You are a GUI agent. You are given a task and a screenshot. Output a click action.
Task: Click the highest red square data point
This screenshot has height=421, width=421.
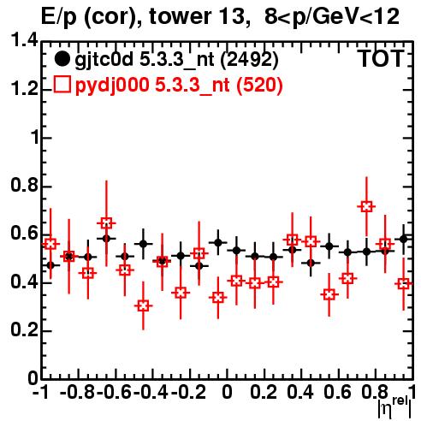pos(366,206)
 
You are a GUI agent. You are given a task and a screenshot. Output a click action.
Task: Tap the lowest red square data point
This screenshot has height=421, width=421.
pos(143,306)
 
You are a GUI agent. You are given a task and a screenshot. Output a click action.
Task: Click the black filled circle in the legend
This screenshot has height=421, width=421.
pos(62,59)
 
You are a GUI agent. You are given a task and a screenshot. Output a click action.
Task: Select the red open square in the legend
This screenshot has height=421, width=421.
pos(62,85)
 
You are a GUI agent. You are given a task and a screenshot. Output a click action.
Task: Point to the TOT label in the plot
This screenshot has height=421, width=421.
pos(381,59)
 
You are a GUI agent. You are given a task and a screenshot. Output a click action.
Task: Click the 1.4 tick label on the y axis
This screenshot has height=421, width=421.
pos(25,40)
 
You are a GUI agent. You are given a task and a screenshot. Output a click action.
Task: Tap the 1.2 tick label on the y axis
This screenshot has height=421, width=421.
pos(25,89)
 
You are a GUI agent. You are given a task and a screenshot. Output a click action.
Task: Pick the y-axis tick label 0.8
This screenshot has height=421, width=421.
pos(25,186)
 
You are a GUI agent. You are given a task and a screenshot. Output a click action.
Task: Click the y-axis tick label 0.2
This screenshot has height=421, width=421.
pos(25,330)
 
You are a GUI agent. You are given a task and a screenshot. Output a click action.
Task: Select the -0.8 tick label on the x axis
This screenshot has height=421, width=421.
pos(77,392)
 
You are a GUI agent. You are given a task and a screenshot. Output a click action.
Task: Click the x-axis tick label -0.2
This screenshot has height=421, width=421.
pos(188,392)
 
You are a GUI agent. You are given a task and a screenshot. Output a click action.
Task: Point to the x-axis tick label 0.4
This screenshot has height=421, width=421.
pos(300,392)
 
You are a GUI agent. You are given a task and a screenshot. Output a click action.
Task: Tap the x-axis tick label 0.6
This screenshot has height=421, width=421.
pos(337,392)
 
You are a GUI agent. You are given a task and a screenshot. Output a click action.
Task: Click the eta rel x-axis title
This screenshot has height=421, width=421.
pos(394,408)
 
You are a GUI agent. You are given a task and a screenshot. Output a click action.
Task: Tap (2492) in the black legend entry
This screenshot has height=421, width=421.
pos(250,60)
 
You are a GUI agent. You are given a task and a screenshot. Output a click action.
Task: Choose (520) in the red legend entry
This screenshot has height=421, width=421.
pos(259,86)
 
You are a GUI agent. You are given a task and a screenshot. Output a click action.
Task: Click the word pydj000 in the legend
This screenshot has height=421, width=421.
pos(112,86)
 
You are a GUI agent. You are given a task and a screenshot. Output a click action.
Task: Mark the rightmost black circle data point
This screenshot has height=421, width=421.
pos(403,239)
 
